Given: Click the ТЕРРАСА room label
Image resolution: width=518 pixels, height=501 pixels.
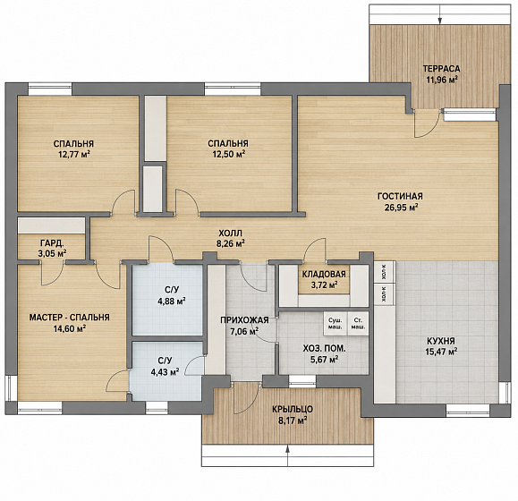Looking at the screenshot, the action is coord(441,69).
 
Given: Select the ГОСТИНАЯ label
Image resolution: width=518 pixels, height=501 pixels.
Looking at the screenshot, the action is coord(400,196).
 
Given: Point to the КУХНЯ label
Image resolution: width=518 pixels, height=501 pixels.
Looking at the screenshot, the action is coord(441,341).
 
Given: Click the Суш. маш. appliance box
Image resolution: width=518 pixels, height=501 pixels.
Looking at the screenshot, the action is coord(335,324).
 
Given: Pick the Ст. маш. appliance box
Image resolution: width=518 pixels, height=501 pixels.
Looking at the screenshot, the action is coord(358,324).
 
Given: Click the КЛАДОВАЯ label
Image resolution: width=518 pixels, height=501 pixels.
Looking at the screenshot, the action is coord(324,274).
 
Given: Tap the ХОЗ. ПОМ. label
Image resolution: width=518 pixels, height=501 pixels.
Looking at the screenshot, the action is coord(325,348).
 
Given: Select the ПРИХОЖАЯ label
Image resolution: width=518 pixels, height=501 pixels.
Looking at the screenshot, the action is coord(244,319).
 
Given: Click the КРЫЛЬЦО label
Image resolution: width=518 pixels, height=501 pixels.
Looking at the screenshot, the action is coord(293,409).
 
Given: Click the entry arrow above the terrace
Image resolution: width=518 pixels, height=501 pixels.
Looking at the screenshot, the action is coord(440,14).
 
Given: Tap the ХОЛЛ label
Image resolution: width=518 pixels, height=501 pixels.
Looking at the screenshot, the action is coord(230,233).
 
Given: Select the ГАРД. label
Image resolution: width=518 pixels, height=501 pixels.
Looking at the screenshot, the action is coord(52,243).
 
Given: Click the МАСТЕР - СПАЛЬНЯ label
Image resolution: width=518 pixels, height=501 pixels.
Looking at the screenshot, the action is coord(70,318).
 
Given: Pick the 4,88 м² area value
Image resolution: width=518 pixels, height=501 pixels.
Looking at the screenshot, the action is coord(172,301).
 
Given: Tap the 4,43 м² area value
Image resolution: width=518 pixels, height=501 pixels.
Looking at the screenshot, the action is coord(165,372).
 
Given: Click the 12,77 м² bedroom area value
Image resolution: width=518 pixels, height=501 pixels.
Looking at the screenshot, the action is coord(74,155).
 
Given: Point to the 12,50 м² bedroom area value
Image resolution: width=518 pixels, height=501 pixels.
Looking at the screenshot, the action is coord(229,154).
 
